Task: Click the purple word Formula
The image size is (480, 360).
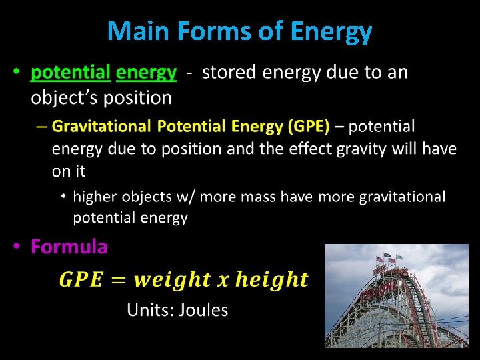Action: pyautogui.click(x=69, y=247)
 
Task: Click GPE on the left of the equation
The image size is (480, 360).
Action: pyautogui.click(x=81, y=280)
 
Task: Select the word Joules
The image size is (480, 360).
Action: pyautogui.click(x=205, y=310)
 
